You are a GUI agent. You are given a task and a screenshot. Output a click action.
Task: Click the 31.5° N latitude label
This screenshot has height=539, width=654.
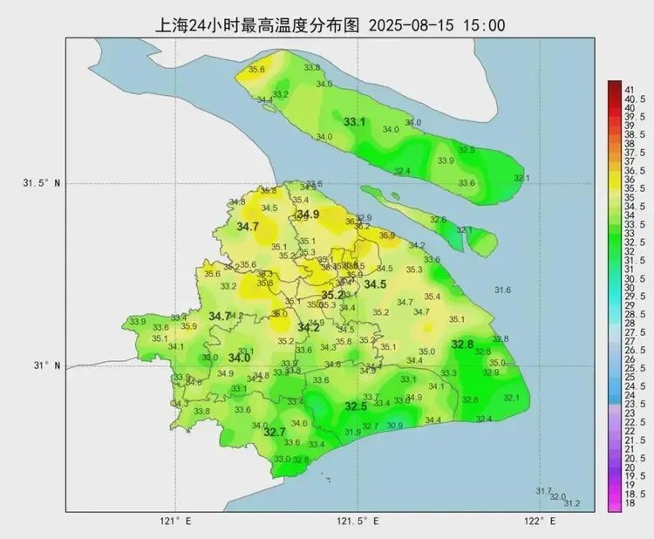click(x=42, y=183)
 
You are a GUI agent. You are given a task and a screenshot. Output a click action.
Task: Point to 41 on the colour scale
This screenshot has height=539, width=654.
click(x=628, y=89)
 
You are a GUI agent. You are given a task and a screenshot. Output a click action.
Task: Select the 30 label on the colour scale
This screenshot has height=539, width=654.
click(x=628, y=288)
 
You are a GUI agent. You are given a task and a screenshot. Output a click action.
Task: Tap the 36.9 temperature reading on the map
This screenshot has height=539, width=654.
click(x=387, y=235)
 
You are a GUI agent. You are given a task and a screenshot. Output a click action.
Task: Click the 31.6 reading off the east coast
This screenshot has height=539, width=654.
click(x=502, y=290)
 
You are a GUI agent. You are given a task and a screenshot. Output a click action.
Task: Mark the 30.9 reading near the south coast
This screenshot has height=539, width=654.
click(x=395, y=426)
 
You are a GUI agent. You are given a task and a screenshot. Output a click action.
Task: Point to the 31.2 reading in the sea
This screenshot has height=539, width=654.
click(x=572, y=503)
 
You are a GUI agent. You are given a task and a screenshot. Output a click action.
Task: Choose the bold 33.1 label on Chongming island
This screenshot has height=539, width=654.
click(x=354, y=122)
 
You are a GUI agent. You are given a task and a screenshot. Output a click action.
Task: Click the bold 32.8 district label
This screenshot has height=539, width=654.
click(x=462, y=345)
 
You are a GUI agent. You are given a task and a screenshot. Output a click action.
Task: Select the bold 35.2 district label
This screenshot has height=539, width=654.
click(x=332, y=296)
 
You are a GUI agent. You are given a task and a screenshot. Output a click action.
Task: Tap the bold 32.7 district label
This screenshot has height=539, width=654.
click(x=275, y=432)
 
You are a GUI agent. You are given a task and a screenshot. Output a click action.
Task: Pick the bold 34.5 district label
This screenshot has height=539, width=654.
click(x=375, y=284)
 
